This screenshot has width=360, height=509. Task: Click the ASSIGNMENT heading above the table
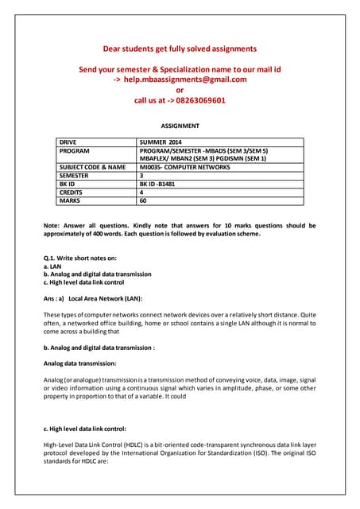click(180, 126)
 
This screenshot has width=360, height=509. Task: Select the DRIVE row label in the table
click(70, 142)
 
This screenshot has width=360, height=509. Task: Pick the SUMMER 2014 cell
click(162, 142)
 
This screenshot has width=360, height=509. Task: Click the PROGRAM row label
click(75, 150)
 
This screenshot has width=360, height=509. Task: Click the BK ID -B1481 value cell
click(161, 184)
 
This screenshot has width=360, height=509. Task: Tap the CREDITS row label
click(73, 192)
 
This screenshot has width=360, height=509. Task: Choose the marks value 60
click(144, 201)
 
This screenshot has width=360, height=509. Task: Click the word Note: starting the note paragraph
click(53, 226)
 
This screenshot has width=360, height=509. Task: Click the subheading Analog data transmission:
click(83, 363)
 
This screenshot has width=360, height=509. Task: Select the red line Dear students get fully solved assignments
click(180, 49)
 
